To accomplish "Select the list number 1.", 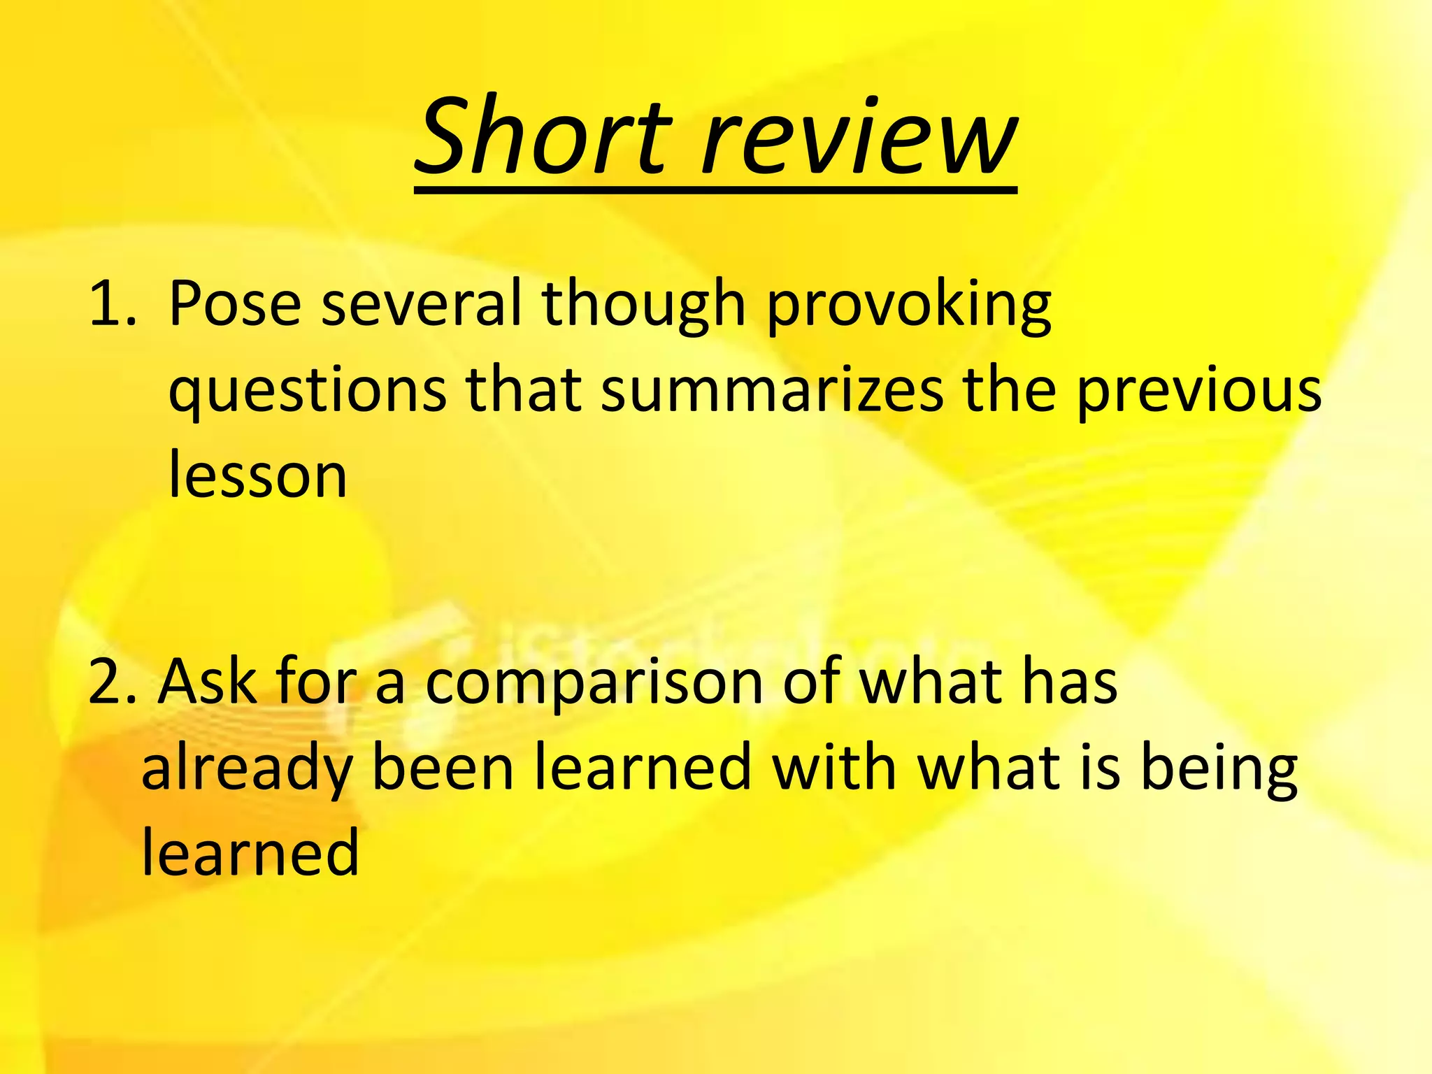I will click(x=112, y=304).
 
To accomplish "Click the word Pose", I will click(x=235, y=304).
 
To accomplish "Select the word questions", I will click(x=308, y=392).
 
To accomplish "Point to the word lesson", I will click(x=258, y=475).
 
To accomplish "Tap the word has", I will click(x=1069, y=682).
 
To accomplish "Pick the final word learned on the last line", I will click(x=250, y=853).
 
